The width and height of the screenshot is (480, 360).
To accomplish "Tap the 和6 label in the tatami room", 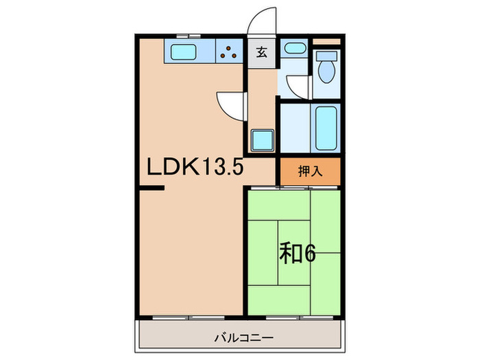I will [296, 254].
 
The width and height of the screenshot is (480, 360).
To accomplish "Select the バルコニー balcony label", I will [244, 338].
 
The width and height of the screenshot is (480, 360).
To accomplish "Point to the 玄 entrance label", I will [261, 51].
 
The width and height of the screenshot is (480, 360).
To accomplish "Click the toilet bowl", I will [326, 72].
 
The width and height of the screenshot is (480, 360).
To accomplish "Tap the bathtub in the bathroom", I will [326, 130].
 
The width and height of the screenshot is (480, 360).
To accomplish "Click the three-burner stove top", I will [231, 51].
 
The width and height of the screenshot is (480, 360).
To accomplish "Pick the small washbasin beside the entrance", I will [295, 49].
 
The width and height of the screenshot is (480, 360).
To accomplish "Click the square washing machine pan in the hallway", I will [262, 140].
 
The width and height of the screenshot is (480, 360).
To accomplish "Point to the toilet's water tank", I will [326, 56].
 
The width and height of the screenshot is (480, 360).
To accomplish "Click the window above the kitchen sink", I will [183, 34].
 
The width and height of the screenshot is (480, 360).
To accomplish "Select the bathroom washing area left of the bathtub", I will [295, 130].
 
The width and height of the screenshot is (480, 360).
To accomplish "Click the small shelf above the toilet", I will [326, 42].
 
